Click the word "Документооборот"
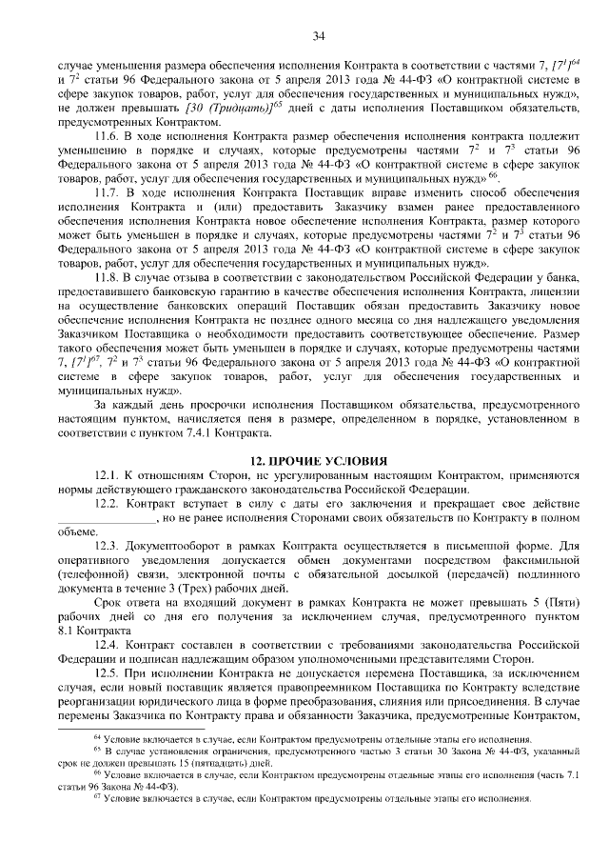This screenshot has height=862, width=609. pos(174,550)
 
